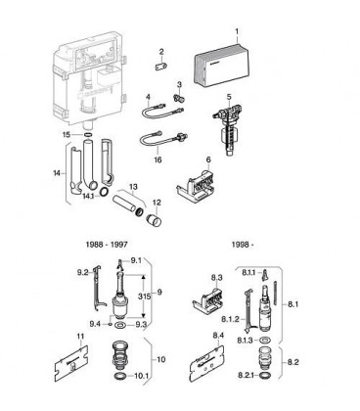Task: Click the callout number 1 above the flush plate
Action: pyautogui.click(x=237, y=31)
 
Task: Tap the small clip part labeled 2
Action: pyautogui.click(x=161, y=66)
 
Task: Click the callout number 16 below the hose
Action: pyautogui.click(x=157, y=160)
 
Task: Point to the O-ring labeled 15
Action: pyautogui.click(x=87, y=134)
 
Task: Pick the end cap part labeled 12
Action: pyautogui.click(x=154, y=220)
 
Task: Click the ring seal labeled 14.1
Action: pyautogui.click(x=105, y=192)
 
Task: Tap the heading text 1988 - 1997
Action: pyautogui.click(x=107, y=244)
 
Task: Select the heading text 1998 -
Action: pyautogui.click(x=243, y=245)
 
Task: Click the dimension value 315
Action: pyautogui.click(x=144, y=297)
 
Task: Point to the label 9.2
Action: pyautogui.click(x=83, y=273)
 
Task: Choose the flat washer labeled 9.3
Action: pyautogui.click(x=123, y=324)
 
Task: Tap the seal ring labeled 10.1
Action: pyautogui.click(x=121, y=376)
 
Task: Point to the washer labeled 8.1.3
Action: pyautogui.click(x=264, y=341)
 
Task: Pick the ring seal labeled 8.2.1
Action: pyautogui.click(x=264, y=376)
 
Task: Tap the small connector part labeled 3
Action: pyautogui.click(x=179, y=97)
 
